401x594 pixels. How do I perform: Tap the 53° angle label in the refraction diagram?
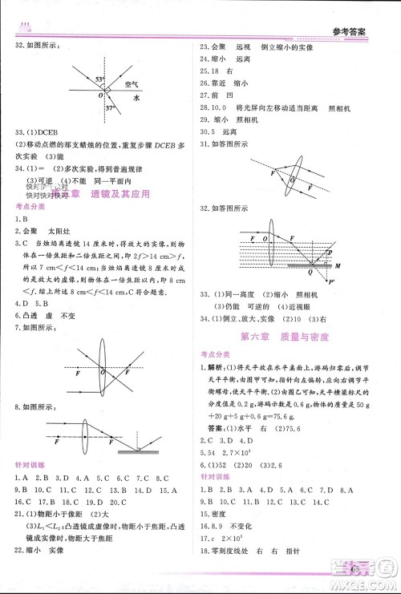[x=100, y=80]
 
